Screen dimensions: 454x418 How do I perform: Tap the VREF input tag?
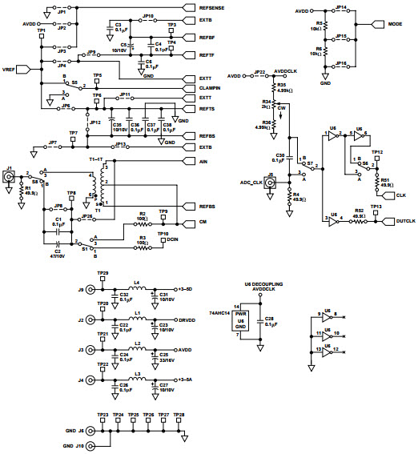12,69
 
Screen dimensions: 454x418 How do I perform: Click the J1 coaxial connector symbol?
10,183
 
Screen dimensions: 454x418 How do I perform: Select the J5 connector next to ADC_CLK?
271,183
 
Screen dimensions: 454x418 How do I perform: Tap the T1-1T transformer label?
96,160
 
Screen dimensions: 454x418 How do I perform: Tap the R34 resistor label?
267,101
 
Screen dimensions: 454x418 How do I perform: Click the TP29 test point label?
102,274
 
